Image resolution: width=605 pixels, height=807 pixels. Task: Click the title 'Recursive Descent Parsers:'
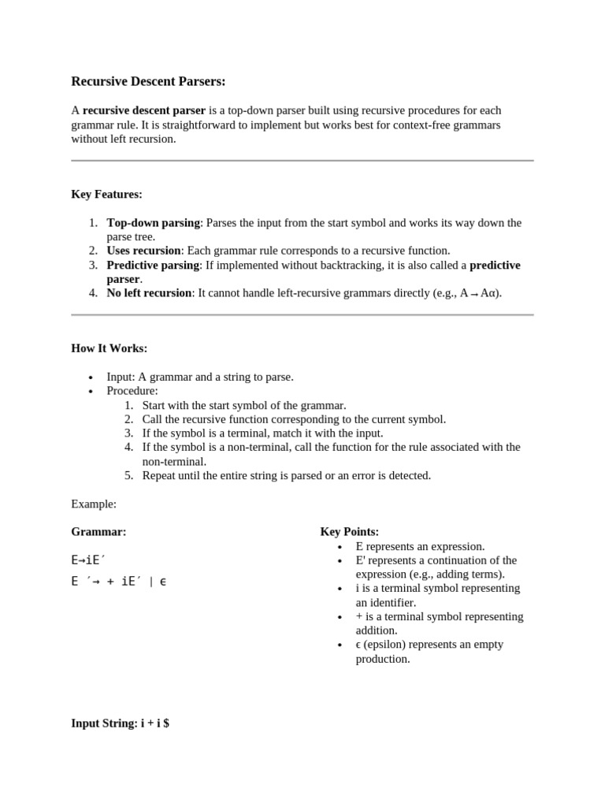pyautogui.click(x=148, y=81)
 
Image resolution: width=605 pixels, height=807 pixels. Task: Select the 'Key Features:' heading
pyautogui.click(x=106, y=194)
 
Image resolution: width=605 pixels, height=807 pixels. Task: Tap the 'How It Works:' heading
pyautogui.click(x=109, y=348)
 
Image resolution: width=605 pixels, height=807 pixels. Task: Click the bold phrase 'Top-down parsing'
pyautogui.click(x=153, y=223)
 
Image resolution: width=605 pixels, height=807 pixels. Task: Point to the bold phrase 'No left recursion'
pyautogui.click(x=149, y=293)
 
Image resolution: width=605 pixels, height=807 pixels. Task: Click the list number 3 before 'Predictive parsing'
pyautogui.click(x=92, y=265)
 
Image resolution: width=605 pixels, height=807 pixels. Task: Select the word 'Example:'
pyautogui.click(x=94, y=504)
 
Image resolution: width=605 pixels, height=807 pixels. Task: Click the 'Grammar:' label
pyautogui.click(x=98, y=532)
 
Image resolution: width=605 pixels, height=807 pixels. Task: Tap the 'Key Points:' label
pyautogui.click(x=349, y=532)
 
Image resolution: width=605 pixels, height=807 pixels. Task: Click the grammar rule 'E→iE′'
pyautogui.click(x=88, y=560)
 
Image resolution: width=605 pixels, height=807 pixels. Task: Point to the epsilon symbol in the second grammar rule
pyautogui.click(x=162, y=582)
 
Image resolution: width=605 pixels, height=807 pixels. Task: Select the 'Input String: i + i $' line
pyautogui.click(x=120, y=723)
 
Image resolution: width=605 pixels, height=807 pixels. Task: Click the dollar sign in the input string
pyautogui.click(x=165, y=723)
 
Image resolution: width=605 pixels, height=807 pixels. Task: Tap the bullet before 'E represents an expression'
pyautogui.click(x=340, y=547)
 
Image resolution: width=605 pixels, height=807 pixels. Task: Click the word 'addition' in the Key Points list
pyautogui.click(x=377, y=630)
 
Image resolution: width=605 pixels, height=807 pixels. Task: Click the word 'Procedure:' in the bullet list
pyautogui.click(x=132, y=391)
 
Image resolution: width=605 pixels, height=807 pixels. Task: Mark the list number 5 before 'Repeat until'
pyautogui.click(x=128, y=475)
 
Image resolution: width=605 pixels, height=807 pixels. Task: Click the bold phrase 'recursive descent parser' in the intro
pyautogui.click(x=144, y=110)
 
